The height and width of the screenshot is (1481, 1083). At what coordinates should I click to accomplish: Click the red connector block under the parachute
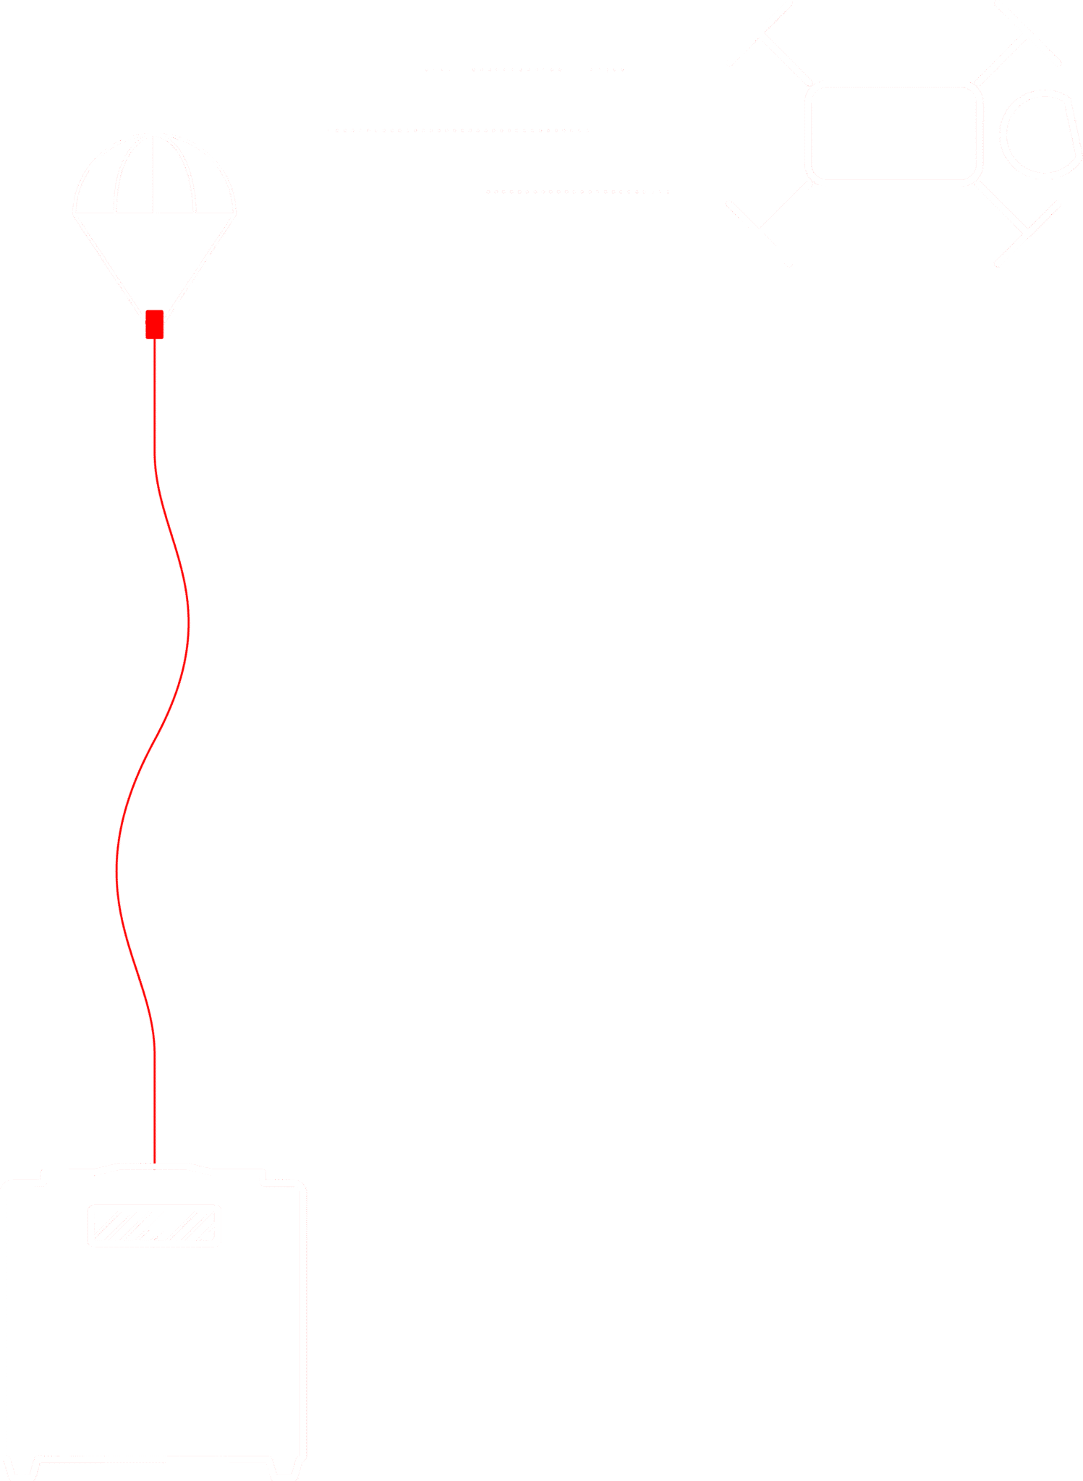click(x=155, y=324)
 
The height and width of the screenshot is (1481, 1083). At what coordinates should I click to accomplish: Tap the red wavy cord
click(x=187, y=622)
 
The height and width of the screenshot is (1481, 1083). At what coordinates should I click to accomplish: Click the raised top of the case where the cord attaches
click(x=155, y=1166)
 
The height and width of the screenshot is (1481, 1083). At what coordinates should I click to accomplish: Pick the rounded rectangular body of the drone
click(x=893, y=133)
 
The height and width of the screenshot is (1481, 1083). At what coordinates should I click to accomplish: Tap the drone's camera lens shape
click(x=1040, y=135)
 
